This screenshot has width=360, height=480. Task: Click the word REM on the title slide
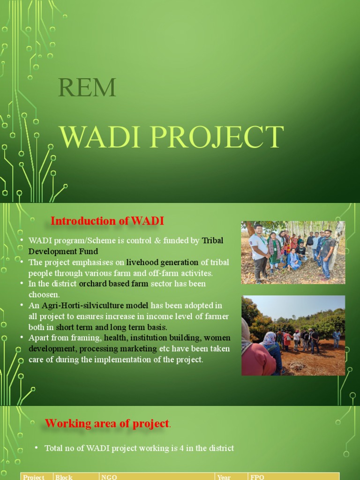[87, 87]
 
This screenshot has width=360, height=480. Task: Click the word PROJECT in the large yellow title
[220, 137]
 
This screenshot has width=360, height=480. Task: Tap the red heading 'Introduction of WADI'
[107, 221]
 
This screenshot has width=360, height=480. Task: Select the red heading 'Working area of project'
[107, 424]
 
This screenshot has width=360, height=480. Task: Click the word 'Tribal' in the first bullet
[212, 240]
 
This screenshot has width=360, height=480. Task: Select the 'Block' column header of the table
[64, 477]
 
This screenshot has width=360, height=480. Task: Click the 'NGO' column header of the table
[109, 477]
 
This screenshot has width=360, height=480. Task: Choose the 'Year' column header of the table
[224, 477]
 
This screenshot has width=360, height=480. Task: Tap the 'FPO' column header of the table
[258, 477]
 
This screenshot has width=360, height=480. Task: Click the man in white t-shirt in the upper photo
[259, 251]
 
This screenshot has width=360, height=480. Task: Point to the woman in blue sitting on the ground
[294, 260]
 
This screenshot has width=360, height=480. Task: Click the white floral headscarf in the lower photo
[269, 338]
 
